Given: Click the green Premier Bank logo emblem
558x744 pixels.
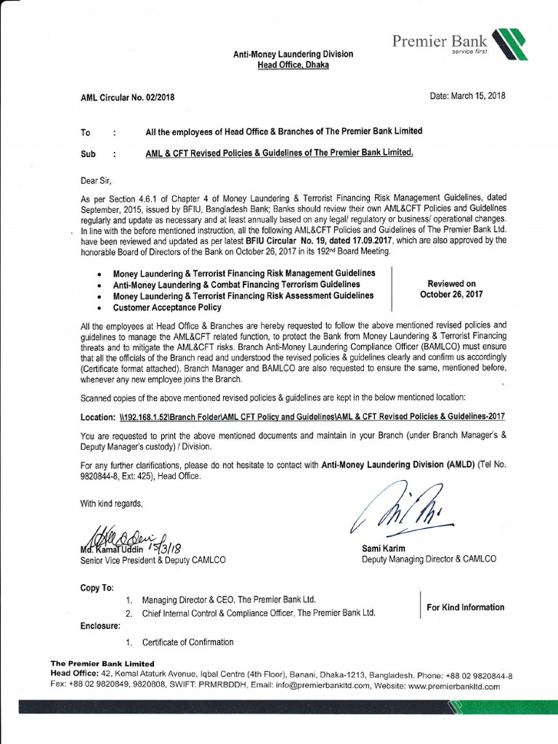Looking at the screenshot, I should click(x=509, y=44).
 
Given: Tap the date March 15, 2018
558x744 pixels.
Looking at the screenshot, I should click(x=467, y=96).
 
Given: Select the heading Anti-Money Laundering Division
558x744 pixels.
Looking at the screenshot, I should click(x=293, y=54).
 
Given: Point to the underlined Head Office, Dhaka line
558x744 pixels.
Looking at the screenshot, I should click(x=293, y=65).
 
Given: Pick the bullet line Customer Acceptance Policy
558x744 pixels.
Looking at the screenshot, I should click(x=167, y=308).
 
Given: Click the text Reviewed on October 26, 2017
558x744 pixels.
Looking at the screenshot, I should click(x=451, y=289).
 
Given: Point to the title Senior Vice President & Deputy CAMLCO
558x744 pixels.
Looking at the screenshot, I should click(x=153, y=560).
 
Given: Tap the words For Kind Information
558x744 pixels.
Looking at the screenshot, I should click(x=465, y=607).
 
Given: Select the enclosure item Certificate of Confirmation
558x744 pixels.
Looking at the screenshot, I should click(x=187, y=642).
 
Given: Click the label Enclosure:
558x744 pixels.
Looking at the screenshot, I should click(x=100, y=626).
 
